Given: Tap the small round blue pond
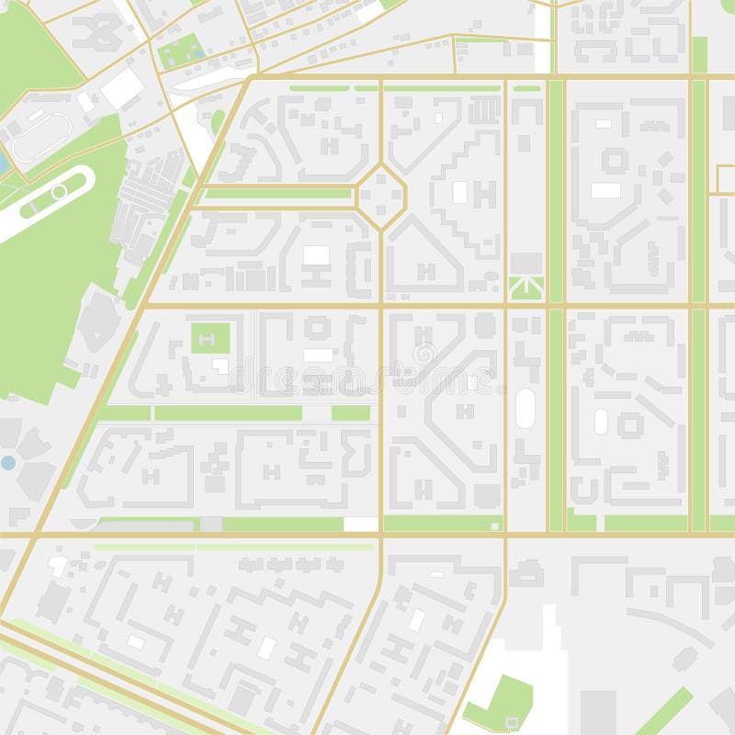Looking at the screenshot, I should pos(8,462).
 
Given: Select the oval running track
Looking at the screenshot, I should pos(40,137).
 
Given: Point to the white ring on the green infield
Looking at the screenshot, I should pos(59,192).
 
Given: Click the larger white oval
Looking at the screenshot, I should pos(525,408).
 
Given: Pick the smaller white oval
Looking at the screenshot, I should pos(601,422).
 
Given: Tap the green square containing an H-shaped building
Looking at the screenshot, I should pos(210,338).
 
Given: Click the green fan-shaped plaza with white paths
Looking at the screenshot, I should pos(526,288).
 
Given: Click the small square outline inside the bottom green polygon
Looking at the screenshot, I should pos(512,721).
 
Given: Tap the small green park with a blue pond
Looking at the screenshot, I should pos(181,52).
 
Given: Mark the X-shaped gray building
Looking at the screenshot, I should pos(97,32).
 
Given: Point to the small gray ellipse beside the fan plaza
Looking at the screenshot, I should pos(491,276).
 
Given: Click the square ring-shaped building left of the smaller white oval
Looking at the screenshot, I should pos(630,424).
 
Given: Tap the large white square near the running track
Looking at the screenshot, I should pos(122,89).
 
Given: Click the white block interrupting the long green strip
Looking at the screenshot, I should pos(361,524).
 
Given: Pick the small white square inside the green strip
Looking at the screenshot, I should pos(494,526).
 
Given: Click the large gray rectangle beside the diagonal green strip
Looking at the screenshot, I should pos(597,712).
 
